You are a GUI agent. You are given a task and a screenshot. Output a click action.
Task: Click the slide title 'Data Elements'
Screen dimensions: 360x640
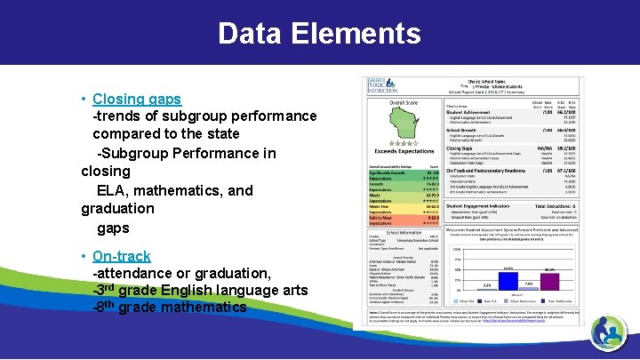(319, 34)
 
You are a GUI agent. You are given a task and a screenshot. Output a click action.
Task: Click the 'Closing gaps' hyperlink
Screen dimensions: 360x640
(137, 99)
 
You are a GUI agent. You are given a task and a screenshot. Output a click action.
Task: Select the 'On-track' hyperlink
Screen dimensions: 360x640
(122, 256)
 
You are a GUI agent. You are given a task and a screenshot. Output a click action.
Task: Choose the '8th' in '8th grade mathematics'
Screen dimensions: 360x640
(106, 308)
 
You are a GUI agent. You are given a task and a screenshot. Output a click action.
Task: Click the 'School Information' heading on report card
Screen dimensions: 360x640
(403, 232)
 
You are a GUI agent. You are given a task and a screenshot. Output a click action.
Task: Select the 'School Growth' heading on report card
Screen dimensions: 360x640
(463, 129)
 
